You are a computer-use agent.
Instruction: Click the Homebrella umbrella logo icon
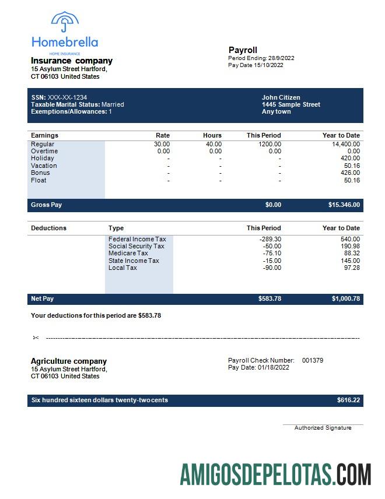[65, 23]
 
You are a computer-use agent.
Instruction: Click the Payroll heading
[243, 50]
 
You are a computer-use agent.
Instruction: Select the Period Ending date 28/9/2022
[281, 58]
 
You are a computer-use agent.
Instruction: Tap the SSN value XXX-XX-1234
[68, 97]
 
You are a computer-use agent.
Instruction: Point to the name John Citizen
[281, 97]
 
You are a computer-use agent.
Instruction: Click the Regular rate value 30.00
[162, 144]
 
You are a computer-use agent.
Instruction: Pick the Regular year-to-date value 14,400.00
[346, 144]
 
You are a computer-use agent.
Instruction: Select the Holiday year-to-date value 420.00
[351, 158]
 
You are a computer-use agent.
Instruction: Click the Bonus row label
[40, 173]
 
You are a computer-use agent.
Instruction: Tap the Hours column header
[212, 135]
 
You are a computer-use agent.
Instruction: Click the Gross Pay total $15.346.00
[344, 205]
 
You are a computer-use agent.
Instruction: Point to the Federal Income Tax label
[137, 239]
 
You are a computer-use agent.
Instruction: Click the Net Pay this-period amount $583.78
[269, 299]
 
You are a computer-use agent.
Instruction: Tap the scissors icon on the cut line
[36, 338]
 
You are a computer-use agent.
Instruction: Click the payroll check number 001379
[313, 360]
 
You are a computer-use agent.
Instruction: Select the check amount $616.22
[348, 400]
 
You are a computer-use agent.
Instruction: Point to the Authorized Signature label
[323, 428]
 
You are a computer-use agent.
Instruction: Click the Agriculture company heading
[69, 361]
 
